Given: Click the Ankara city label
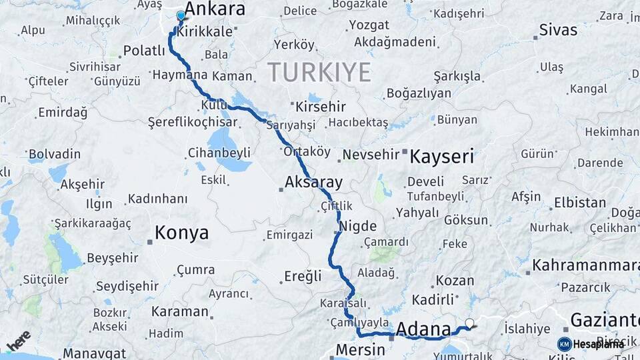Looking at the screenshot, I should click(214, 9).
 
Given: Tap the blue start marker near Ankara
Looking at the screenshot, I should click(181, 15).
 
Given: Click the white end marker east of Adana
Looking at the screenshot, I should click(470, 324).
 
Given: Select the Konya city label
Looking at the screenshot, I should click(181, 233).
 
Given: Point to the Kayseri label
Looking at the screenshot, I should click(441, 157).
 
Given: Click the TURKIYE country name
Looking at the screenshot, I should click(319, 71).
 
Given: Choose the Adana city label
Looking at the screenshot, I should click(423, 329).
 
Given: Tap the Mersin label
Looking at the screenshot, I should click(360, 349).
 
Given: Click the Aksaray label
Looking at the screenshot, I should click(313, 181).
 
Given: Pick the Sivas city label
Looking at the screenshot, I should click(558, 30).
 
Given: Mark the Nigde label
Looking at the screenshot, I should click(358, 226).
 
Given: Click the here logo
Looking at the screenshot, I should click(18, 340).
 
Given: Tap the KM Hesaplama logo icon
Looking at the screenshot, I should click(565, 344).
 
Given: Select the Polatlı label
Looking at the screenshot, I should click(145, 51).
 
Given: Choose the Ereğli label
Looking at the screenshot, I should click(303, 275).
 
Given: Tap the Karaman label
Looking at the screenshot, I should click(180, 311).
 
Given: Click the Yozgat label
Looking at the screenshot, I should click(368, 25).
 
